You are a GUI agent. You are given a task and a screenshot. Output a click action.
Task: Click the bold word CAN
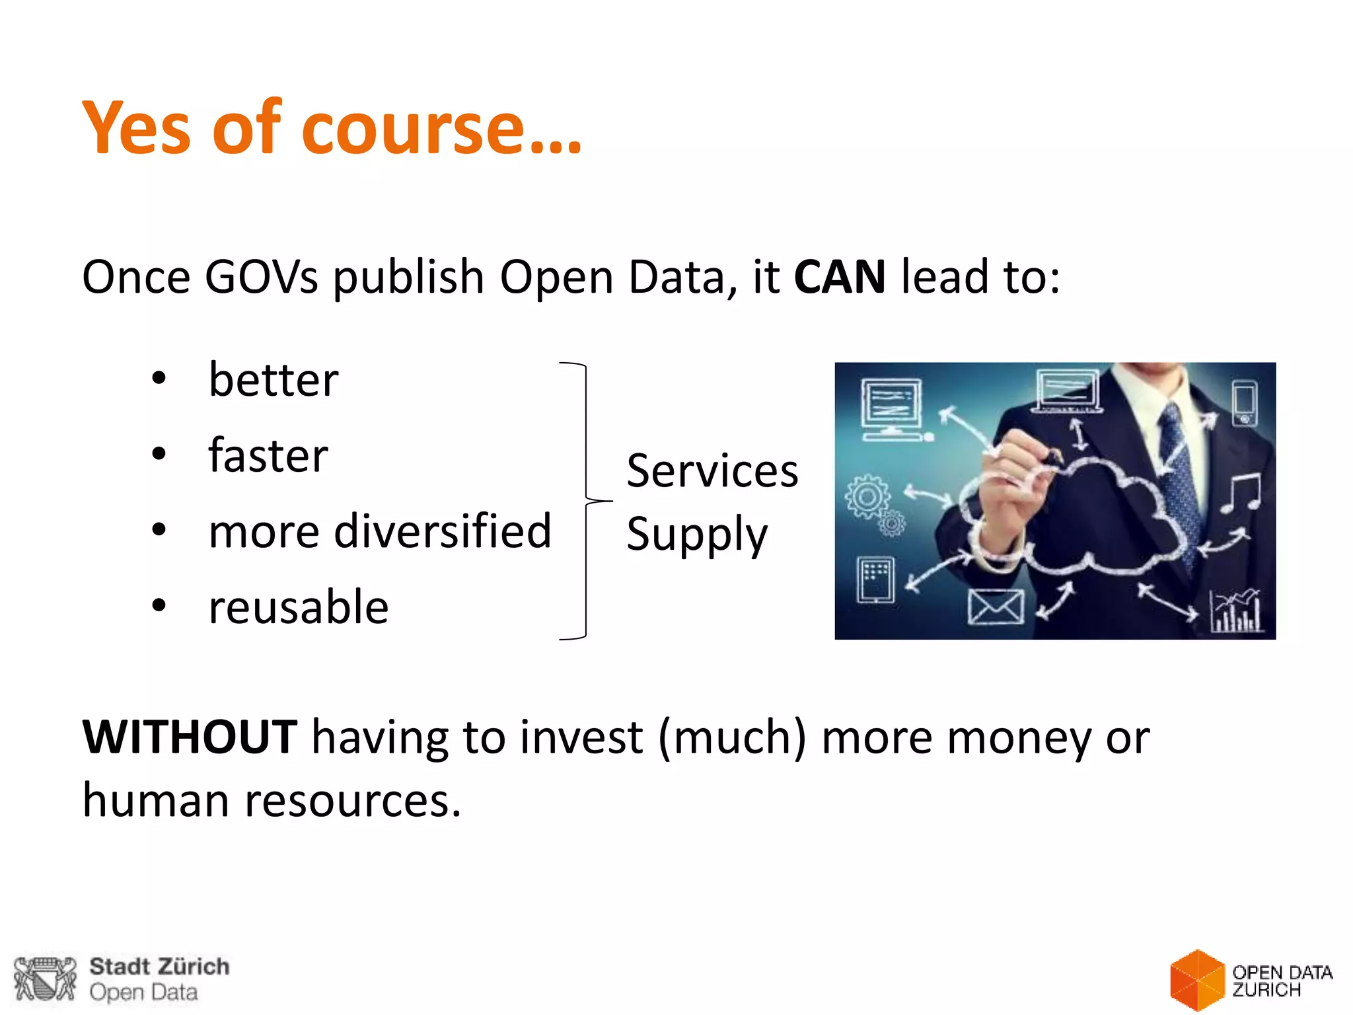[x=839, y=278]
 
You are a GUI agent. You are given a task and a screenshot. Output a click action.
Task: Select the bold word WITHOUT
[x=190, y=737]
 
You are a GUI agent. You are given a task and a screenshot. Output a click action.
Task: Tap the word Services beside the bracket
[x=712, y=471]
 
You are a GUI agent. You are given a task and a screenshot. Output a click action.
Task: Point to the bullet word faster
[x=268, y=455]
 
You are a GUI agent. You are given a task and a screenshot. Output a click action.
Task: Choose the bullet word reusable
[x=299, y=607]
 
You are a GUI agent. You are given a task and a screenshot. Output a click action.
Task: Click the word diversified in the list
[x=443, y=531]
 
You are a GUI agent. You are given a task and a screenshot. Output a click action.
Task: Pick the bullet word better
[x=274, y=381]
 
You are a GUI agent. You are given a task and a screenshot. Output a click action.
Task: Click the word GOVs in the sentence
[x=262, y=278]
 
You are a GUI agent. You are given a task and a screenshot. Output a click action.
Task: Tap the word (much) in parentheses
[x=732, y=737]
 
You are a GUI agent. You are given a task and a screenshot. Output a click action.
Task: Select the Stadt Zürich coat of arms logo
[x=45, y=979]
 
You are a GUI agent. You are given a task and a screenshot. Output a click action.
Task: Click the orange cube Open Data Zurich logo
[x=1196, y=980]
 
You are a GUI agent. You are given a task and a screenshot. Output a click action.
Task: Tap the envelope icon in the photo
[x=995, y=606]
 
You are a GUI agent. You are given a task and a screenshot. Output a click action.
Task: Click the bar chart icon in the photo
[x=1235, y=611]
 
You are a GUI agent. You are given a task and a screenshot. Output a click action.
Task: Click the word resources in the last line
[x=352, y=801]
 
